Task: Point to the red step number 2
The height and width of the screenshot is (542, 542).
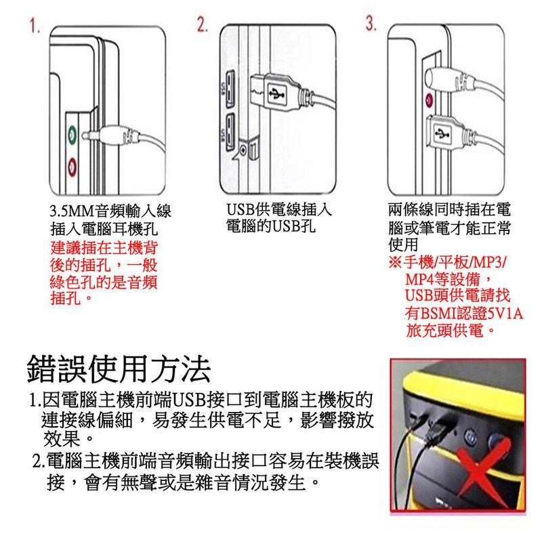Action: [203, 26]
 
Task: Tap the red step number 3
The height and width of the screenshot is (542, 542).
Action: [371, 24]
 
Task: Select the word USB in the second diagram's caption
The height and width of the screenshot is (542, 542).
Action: [241, 210]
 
